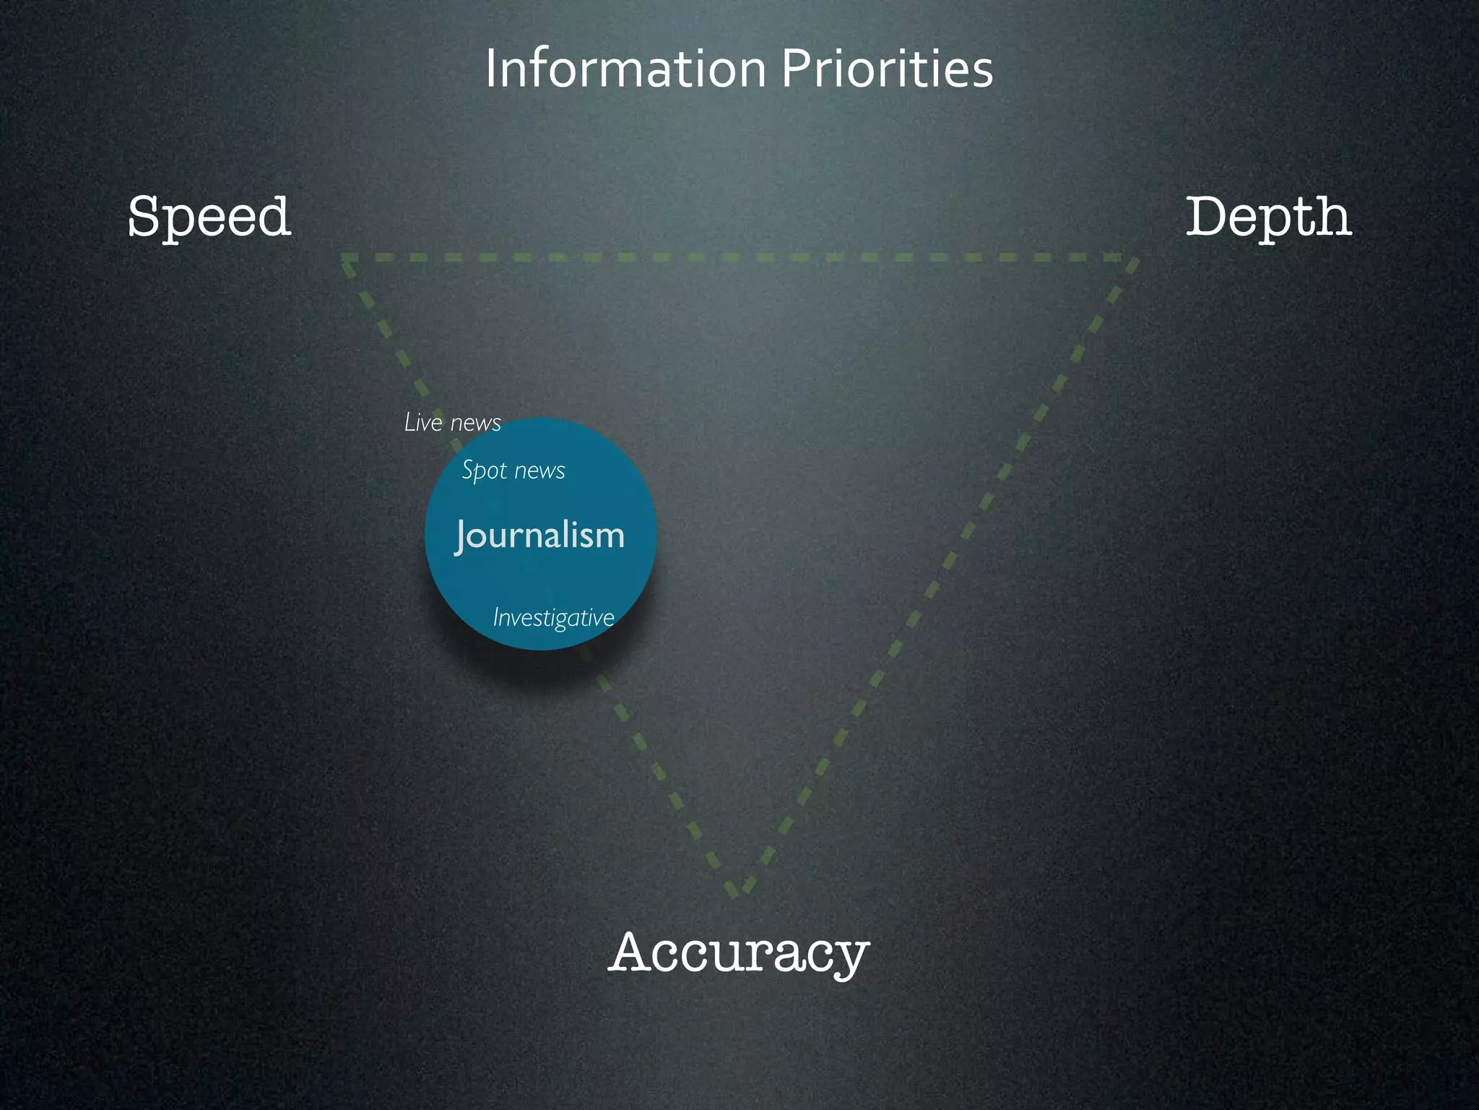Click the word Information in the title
pyautogui.click(x=625, y=69)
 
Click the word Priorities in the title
pyautogui.click(x=887, y=69)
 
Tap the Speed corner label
pyautogui.click(x=209, y=217)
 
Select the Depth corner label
pyautogui.click(x=1269, y=217)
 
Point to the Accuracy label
pyautogui.click(x=739, y=952)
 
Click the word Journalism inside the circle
pyautogui.click(x=540, y=536)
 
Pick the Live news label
pyautogui.click(x=453, y=423)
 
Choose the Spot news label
pyautogui.click(x=513, y=470)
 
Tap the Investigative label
pyautogui.click(x=553, y=618)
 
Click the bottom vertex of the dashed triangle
pyautogui.click(x=738, y=891)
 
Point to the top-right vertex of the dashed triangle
pyautogui.click(x=1132, y=259)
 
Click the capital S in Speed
pyautogui.click(x=144, y=217)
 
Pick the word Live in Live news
pyautogui.click(x=423, y=423)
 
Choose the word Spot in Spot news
pyautogui.click(x=484, y=470)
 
